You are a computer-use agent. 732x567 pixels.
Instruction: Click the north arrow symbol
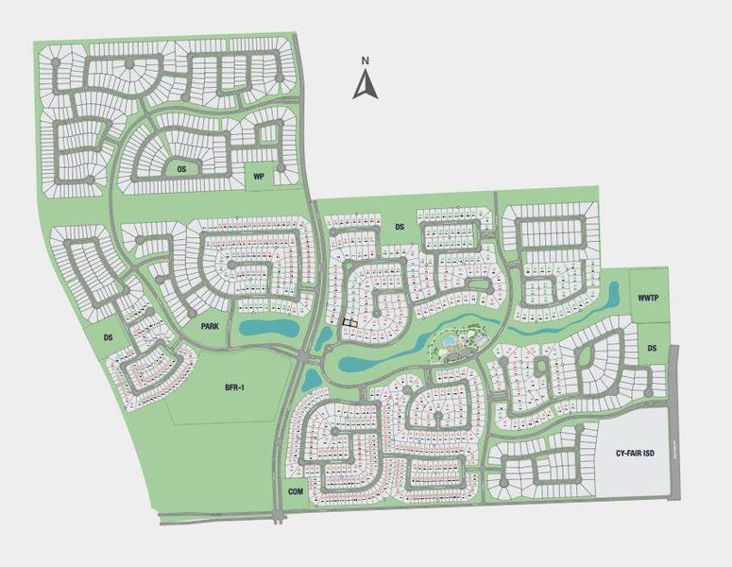click(x=365, y=85)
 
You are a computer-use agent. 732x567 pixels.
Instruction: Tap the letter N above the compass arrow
click(x=365, y=61)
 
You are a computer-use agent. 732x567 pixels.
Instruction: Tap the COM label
click(x=295, y=491)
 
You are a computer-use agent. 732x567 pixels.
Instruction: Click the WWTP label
click(x=647, y=296)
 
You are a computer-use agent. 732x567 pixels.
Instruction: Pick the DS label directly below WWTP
click(x=652, y=349)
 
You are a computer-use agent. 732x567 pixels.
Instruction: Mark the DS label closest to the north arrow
click(x=400, y=227)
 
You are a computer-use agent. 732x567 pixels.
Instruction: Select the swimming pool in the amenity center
click(x=451, y=339)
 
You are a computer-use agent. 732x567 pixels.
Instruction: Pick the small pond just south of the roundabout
click(x=311, y=379)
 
